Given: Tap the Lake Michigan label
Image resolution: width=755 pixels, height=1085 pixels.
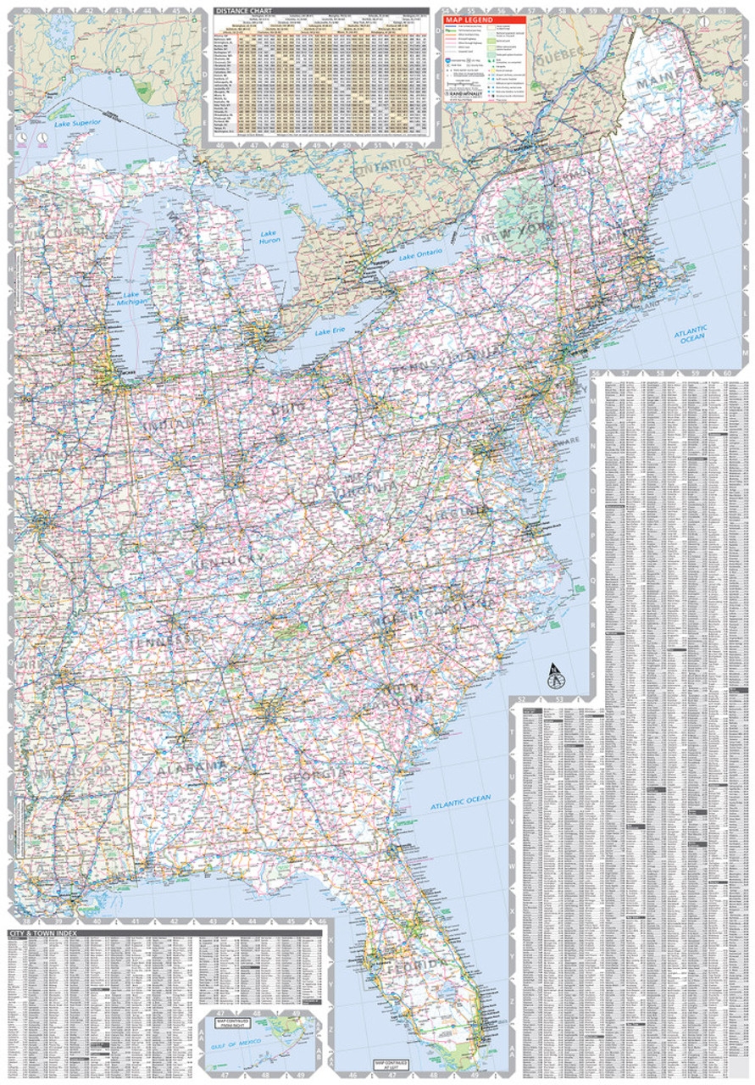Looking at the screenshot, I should [x=133, y=295].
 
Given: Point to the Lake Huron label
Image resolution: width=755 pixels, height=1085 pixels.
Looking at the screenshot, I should [x=269, y=238].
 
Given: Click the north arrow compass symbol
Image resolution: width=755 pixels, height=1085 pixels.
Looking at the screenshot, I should [x=555, y=676].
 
